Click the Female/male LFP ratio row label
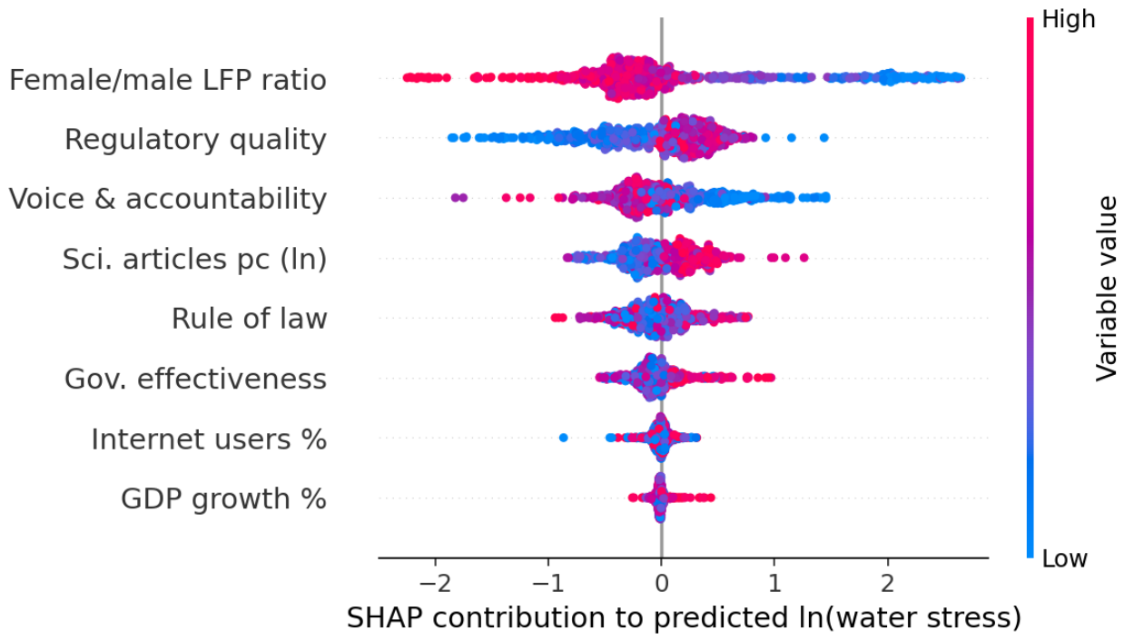(168, 80)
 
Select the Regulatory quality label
(196, 140)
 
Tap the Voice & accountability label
(168, 199)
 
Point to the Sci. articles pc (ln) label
(194, 259)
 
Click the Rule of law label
(250, 319)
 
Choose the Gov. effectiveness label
(196, 379)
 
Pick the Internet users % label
(209, 439)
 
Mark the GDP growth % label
(223, 499)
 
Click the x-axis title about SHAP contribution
(684, 618)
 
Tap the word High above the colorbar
(1069, 20)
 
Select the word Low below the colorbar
(1064, 558)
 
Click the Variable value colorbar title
(1106, 289)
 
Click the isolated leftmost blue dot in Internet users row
(563, 438)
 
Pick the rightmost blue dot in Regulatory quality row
(823, 137)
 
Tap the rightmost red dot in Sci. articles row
(804, 258)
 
